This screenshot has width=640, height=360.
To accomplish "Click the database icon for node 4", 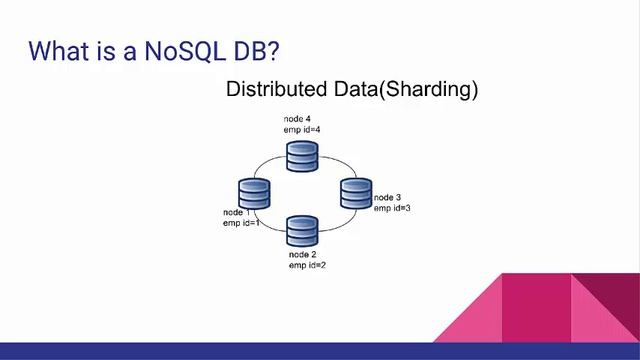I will tap(301, 155).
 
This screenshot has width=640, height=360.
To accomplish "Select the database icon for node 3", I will tap(356, 192).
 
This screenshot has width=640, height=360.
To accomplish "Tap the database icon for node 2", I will tap(301, 231).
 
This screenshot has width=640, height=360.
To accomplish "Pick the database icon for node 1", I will tap(254, 192).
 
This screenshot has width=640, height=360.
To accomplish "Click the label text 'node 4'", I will tap(297, 119).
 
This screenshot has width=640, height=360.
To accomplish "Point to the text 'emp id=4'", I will tap(301, 130).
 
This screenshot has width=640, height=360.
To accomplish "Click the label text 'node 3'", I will tap(388, 197).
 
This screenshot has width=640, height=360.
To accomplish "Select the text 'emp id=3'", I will tap(392, 208).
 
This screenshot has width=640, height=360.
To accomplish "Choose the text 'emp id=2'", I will tap(307, 266).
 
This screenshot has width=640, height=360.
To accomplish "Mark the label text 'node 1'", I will tap(237, 213).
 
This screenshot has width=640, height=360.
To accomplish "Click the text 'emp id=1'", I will tap(241, 223).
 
